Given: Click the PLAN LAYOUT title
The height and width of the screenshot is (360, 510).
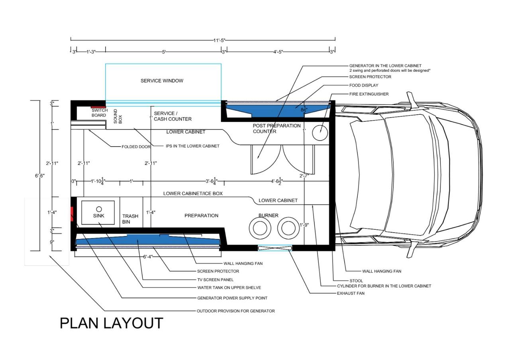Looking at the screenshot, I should tap(111, 323).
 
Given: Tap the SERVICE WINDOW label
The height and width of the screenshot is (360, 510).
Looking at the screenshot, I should tap(162, 81).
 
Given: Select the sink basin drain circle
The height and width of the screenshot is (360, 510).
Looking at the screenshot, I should tap(99, 209).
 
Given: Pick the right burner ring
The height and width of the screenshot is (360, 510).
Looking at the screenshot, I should tap(288, 228).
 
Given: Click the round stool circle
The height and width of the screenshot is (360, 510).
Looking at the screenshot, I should tap(320, 133).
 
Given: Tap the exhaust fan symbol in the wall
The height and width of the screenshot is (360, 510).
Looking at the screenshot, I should tap(275, 248).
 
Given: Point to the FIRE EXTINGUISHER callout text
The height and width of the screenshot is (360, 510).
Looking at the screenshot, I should tap(369, 94).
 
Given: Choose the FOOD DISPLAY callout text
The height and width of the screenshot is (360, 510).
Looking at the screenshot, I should tap(364, 85).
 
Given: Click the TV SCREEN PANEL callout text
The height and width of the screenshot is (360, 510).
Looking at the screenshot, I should tap(215, 280).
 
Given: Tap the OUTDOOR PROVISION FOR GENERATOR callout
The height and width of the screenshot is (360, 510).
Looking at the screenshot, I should tap(235, 311).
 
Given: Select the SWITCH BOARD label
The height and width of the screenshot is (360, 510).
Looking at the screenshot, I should tap(99, 113).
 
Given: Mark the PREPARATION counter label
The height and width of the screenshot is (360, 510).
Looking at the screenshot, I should tap(201, 215).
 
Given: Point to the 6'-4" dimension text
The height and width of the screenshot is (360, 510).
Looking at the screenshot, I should tap(148, 257).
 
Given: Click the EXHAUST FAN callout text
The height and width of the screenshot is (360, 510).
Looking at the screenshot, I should tap(351, 293).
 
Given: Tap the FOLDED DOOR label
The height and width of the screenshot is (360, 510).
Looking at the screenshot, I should tap(136, 147).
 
